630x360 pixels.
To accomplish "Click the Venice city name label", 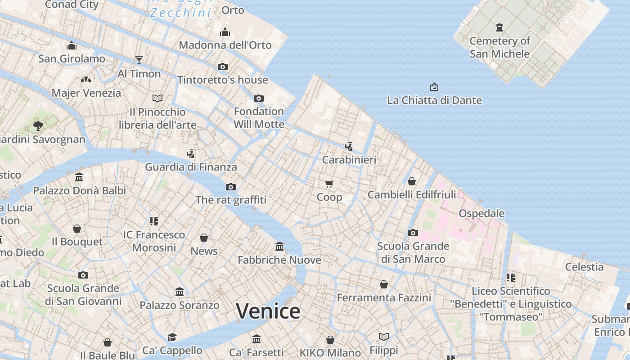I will [268, 311].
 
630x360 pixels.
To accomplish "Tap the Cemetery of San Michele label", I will [499, 47].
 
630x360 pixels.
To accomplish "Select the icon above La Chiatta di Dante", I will [434, 86].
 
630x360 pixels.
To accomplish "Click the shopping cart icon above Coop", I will [329, 184].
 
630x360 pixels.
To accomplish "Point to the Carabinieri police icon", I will [349, 146].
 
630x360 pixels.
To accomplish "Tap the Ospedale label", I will [481, 213].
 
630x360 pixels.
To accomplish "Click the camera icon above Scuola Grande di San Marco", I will [413, 233].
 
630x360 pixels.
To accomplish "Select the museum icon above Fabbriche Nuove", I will [279, 246].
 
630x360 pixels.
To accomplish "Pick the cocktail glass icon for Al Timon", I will [139, 60].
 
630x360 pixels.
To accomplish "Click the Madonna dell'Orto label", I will [225, 45].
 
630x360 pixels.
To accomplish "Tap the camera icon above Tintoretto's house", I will [222, 67].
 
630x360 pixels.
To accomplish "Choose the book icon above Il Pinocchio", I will [157, 98].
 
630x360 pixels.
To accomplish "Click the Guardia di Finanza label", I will [191, 167].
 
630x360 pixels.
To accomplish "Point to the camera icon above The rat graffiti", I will [231, 187].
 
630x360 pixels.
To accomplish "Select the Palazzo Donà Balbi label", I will [80, 190].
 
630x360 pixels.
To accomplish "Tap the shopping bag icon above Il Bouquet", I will [77, 229].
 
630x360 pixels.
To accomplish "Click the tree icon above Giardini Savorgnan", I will [38, 126].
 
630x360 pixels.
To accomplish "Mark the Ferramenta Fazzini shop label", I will [384, 297].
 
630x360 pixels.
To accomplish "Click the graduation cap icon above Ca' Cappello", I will [172, 337].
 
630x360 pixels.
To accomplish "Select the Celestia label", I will [584, 267].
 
